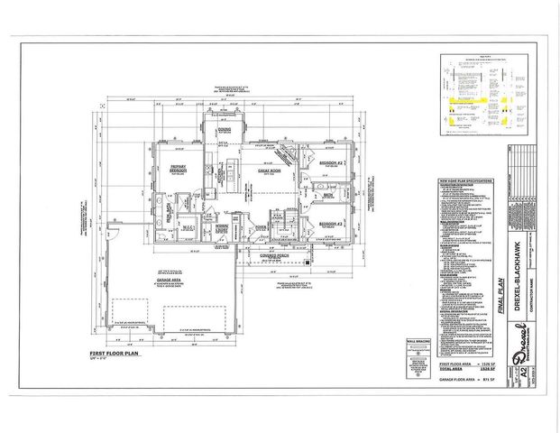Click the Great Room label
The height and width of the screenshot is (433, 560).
click(x=268, y=169)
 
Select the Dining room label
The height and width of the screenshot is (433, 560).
click(x=225, y=130)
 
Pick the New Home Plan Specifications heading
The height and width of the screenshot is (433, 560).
click(x=465, y=180)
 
